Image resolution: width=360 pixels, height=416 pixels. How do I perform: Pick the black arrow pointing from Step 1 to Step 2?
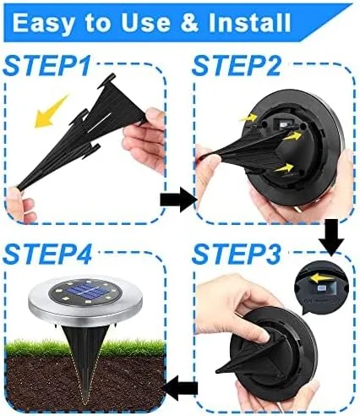click(177, 200)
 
